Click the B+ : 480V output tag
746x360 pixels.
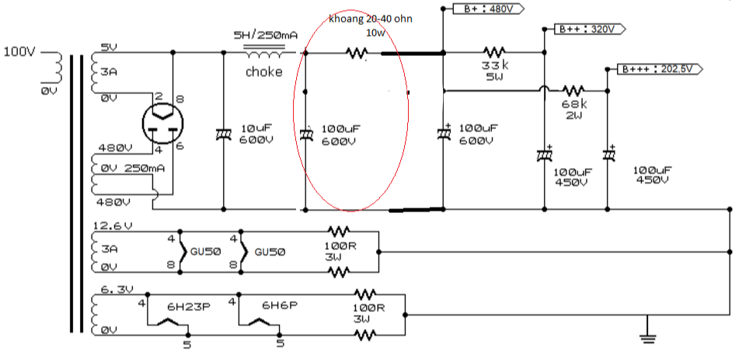pos(488,9)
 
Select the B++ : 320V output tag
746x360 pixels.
pos(590,30)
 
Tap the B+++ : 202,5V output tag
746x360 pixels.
pos(660,69)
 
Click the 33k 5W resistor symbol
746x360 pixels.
pos(494,51)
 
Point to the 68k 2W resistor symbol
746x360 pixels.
pos(573,89)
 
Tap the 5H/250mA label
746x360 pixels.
pos(265,35)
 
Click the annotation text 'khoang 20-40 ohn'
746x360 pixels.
pos(371,19)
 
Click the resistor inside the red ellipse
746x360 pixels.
pos(356,53)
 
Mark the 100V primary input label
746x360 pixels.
pos(19,51)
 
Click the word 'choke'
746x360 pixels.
pos(264,72)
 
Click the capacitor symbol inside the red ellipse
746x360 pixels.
pos(305,135)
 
